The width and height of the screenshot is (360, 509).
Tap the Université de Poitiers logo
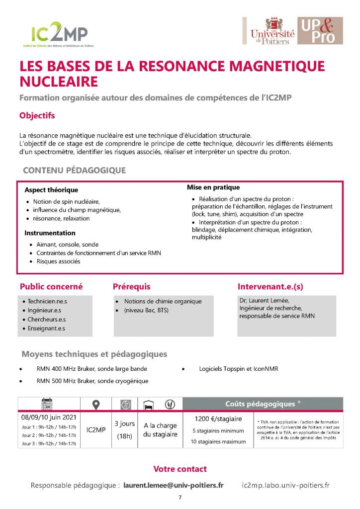point(272,31)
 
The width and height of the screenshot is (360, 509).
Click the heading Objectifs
point(37,116)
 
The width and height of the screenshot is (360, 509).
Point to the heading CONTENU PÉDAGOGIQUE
point(74,170)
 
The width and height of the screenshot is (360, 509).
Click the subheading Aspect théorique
point(51,190)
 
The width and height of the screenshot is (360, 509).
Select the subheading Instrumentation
point(50,233)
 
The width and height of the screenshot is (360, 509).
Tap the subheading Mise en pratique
point(213,187)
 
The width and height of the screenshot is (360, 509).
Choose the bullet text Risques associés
point(58,261)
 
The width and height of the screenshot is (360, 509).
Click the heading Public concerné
point(51,287)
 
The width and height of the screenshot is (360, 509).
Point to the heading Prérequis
point(131,287)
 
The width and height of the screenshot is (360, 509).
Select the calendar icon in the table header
point(46,404)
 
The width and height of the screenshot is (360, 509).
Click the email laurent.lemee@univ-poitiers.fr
point(174,485)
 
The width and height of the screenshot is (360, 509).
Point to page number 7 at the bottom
point(180,498)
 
